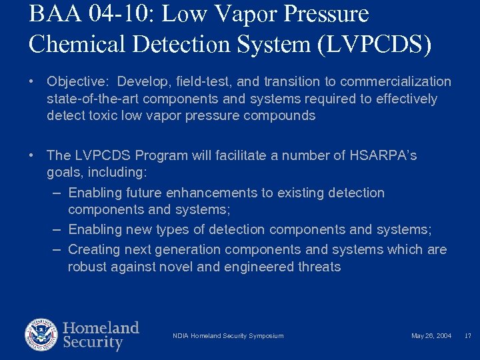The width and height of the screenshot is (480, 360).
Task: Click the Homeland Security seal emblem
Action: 41,335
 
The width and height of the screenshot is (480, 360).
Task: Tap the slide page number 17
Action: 467,336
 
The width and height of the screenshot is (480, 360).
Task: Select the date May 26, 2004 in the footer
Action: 431,336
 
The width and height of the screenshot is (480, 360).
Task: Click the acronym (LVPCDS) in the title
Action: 375,44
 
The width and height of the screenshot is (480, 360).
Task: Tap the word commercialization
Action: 395,82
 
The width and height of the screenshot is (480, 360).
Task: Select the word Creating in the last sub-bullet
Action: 93,250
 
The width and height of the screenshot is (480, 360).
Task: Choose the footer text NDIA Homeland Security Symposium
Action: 228,336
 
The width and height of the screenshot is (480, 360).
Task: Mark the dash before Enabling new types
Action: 57,230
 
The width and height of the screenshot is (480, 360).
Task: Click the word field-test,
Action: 200,82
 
